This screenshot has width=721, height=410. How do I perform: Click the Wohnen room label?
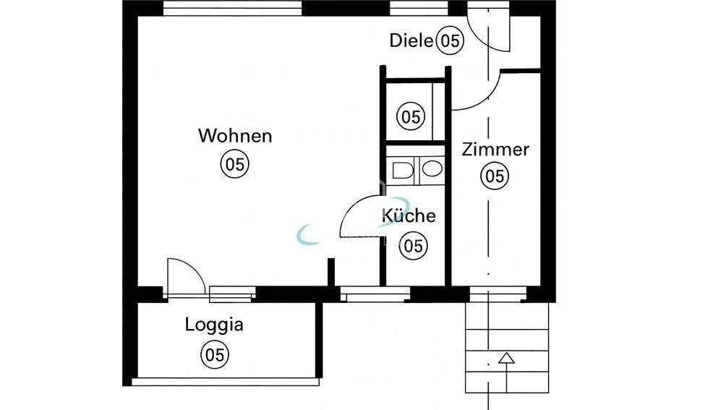[235, 135]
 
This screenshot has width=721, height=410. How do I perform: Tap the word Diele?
[411, 40]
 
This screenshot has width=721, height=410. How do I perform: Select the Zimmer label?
[495, 150]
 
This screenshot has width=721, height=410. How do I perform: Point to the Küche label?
[409, 215]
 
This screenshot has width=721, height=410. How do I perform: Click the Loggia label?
[214, 324]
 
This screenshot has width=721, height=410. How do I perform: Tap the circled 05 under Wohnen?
[234, 164]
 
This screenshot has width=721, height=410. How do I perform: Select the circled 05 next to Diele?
[450, 41]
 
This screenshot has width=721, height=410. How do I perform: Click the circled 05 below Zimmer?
[495, 175]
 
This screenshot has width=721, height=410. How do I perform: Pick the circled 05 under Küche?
[414, 246]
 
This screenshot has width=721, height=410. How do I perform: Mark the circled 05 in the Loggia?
[214, 354]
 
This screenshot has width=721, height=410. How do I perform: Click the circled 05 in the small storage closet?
[411, 116]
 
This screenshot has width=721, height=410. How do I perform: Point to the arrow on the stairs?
[505, 358]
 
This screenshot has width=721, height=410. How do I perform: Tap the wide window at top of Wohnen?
[232, 8]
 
